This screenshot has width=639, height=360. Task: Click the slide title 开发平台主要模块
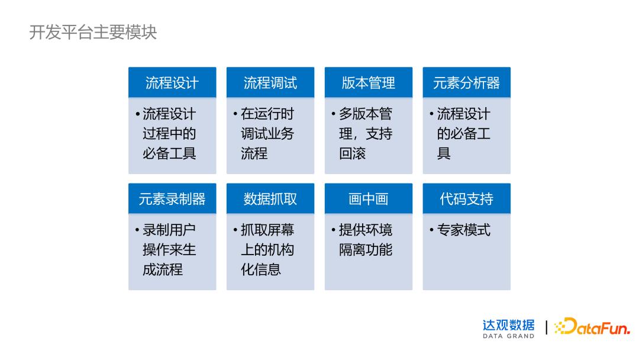[93, 32]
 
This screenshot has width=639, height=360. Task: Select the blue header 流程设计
[172, 83]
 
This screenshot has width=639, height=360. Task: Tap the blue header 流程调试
[270, 83]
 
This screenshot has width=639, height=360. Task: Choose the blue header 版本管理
[368, 83]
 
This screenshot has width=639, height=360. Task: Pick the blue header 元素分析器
[466, 83]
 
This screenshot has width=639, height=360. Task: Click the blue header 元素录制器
[172, 199]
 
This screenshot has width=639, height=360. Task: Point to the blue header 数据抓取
[270, 199]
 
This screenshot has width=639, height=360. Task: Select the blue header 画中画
[368, 199]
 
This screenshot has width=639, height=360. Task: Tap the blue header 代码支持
[466, 199]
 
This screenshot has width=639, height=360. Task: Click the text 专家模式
[464, 230]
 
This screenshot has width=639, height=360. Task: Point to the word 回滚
[353, 153]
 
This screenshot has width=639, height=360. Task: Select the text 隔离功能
[366, 250]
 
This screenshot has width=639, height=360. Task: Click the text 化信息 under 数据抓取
[261, 270]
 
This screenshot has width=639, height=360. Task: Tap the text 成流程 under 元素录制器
[163, 270]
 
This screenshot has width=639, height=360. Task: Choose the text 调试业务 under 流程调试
[267, 134]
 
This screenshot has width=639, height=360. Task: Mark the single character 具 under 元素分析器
[444, 153]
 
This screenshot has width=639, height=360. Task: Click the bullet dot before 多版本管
[334, 114]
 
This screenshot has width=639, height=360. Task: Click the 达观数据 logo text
[508, 324]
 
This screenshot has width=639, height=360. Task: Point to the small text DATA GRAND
[508, 336]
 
